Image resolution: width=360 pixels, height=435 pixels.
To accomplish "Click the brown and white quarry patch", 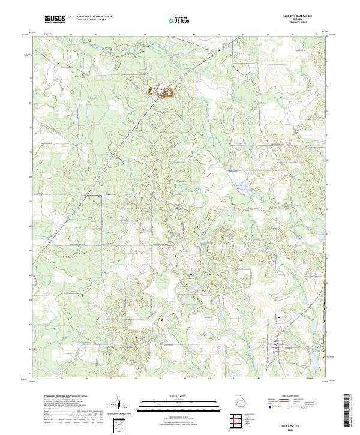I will [161, 91].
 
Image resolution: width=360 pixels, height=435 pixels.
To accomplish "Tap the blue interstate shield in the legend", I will [264, 406].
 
